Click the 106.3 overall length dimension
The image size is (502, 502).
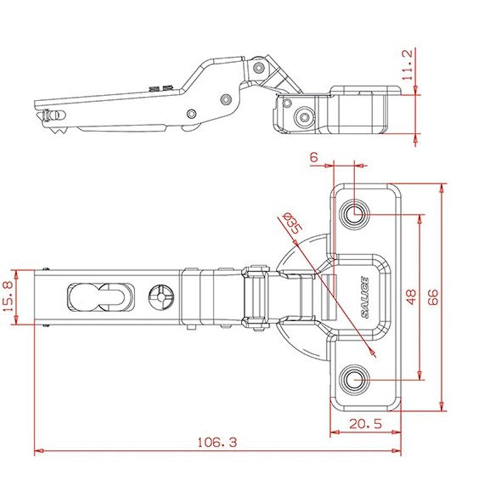pyautogui.click(x=217, y=442)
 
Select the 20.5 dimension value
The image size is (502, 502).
pyautogui.click(x=366, y=424)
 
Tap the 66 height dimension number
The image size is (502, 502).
pyautogui.click(x=433, y=297)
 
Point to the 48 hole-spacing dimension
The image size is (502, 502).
pyautogui.click(x=411, y=296)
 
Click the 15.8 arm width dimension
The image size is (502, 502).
pyautogui.click(x=8, y=296)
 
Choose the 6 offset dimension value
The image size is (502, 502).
pyautogui.click(x=314, y=158)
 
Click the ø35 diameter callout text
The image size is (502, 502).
pyautogui.click(x=292, y=223)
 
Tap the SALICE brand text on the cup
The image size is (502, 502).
pyautogui.click(x=365, y=297)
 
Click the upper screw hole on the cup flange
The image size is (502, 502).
pyautogui.click(x=355, y=213)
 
